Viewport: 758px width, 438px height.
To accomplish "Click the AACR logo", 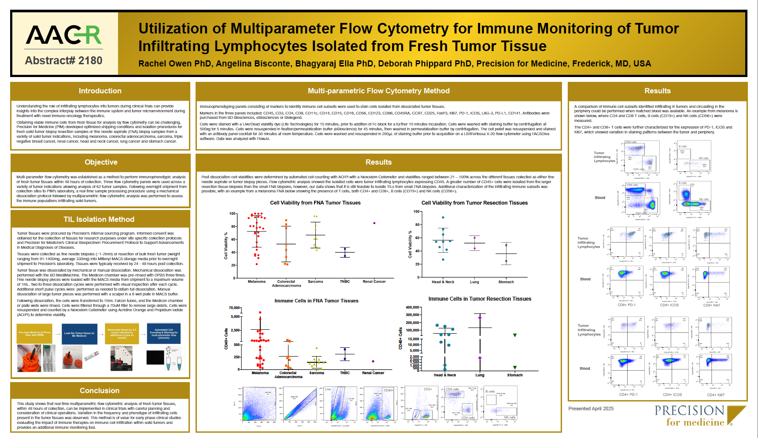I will point(64,35).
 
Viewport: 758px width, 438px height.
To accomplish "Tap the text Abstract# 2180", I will point(63,60).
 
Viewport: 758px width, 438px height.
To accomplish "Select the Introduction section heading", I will point(100,91).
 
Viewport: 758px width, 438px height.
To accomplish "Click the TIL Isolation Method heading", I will point(99,219).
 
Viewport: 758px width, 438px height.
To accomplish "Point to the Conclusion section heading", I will point(100,390).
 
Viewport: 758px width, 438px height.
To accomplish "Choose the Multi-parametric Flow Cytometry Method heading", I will point(378,91).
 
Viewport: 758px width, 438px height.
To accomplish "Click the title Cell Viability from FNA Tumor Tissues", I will point(315,203).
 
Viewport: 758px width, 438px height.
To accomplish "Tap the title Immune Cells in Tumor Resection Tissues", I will point(480,299).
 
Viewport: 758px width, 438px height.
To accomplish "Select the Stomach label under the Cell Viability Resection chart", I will point(506,282).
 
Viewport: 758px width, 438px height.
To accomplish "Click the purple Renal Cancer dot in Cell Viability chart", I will point(374,223).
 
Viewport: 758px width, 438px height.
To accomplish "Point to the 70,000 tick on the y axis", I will point(235,308).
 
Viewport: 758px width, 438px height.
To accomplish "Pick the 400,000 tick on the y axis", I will point(412,308).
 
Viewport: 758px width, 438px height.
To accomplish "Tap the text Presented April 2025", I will point(591,409).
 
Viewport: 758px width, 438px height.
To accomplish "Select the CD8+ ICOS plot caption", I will point(669,305).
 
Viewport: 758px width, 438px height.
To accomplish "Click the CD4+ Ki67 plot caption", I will point(715,395).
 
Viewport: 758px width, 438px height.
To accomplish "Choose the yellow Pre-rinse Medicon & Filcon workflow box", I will point(34,334).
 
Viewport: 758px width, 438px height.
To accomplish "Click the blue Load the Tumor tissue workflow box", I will point(79,334).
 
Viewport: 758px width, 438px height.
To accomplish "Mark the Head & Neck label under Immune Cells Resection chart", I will point(445,375).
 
